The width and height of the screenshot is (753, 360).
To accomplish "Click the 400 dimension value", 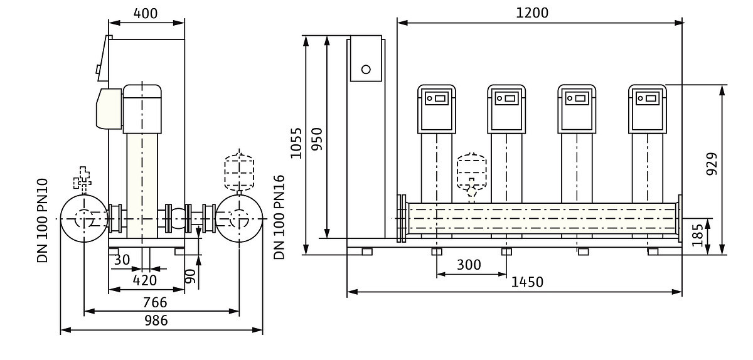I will (146, 13).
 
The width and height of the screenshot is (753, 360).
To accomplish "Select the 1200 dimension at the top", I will (531, 13).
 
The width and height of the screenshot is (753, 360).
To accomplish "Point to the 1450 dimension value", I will (526, 282).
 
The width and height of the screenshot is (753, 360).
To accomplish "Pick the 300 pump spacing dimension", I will (469, 265).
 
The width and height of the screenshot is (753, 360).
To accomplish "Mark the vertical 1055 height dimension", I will (296, 144).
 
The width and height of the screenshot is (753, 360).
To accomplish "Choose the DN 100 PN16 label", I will (279, 217).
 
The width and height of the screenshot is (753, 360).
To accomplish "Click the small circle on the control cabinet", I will (366, 69).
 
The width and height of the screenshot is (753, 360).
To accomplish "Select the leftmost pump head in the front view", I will (437, 109).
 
